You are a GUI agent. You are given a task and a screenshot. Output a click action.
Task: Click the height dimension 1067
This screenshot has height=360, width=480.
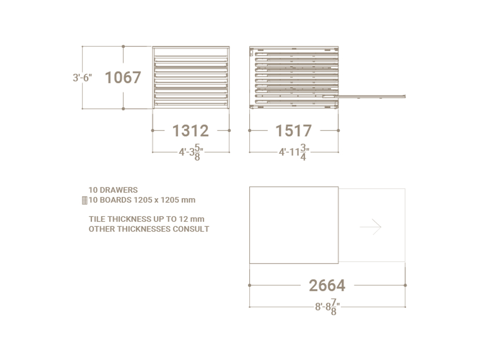pos(123,77)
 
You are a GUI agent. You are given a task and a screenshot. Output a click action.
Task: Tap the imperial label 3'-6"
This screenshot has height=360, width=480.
pos(82,78)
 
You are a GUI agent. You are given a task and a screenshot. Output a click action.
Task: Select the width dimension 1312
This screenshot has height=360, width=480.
pos(190,130)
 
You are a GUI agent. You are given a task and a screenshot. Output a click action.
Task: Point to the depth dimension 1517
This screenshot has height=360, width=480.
pos(294,130)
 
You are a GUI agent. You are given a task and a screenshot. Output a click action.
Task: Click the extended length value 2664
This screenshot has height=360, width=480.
pos(327,285)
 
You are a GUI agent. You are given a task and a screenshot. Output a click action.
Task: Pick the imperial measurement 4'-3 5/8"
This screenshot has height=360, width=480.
pos(191,152)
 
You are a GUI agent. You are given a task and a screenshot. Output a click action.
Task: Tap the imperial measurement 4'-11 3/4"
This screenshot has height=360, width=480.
pos(294,152)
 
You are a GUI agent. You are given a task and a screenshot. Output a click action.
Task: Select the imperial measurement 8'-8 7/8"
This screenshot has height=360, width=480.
pos(328,307)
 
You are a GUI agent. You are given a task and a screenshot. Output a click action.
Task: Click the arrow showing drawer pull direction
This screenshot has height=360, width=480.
pos(371,227)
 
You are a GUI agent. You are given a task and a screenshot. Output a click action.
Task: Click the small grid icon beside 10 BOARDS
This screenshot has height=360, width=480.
pos(85,200)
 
